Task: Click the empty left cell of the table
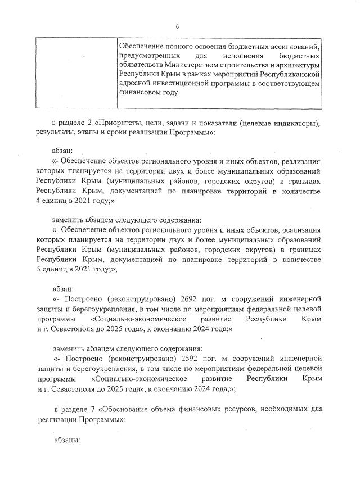(x=75, y=73)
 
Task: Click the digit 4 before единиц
(x=38, y=201)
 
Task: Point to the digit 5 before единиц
(x=38, y=269)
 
